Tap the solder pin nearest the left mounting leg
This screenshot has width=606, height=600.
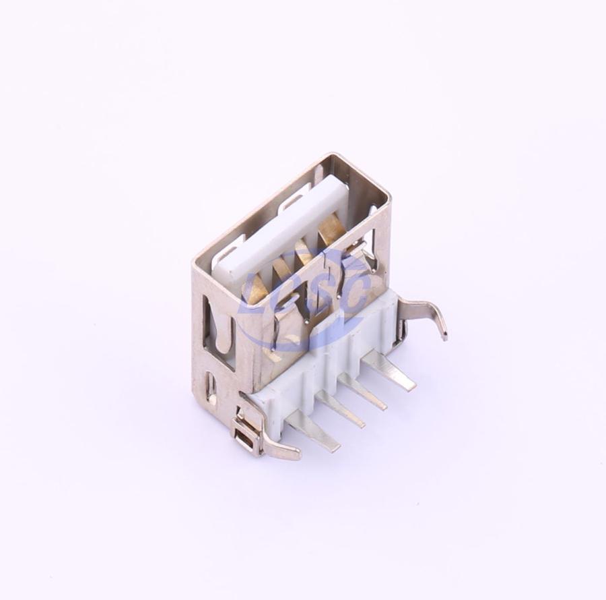point(315,431)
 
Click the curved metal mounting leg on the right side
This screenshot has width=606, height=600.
point(424,313)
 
